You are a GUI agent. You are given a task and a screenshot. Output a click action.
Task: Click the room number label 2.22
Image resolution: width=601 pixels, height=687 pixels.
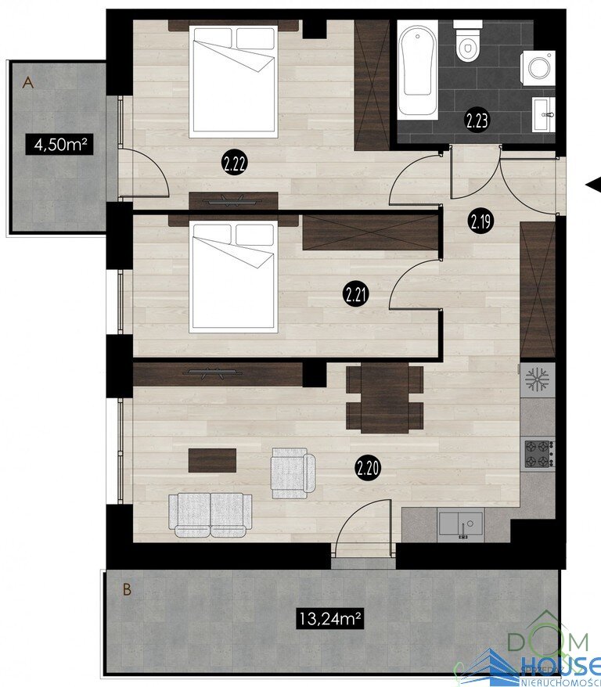click(x=234, y=164)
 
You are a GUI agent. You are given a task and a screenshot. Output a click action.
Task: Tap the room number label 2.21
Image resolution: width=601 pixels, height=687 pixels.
click(x=355, y=295)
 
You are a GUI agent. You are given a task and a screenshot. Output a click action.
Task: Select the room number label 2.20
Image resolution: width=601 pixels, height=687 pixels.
click(x=368, y=469)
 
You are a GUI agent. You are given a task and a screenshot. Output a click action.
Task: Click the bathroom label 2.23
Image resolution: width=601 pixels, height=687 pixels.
click(x=477, y=120)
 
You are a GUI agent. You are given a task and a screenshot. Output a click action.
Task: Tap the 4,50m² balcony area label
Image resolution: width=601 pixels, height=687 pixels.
click(x=59, y=144)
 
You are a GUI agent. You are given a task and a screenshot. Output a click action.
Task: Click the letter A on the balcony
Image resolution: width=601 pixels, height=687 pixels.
click(x=27, y=82)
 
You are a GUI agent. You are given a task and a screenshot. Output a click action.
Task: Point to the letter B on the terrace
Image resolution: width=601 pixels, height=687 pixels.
click(x=127, y=589)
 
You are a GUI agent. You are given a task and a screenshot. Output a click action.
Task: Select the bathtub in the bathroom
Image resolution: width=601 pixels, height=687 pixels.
click(x=418, y=69)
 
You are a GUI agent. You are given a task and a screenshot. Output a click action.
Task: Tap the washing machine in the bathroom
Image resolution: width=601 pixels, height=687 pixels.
click(x=538, y=67)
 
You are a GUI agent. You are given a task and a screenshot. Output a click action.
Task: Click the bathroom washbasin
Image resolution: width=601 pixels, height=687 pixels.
click(x=544, y=114)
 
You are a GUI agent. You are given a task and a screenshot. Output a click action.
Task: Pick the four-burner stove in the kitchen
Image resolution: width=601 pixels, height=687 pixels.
click(x=540, y=454)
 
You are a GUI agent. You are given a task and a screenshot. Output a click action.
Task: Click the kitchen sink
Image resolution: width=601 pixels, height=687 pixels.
click(x=461, y=523)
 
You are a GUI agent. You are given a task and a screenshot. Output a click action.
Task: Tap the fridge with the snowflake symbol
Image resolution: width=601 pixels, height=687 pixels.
click(x=538, y=379)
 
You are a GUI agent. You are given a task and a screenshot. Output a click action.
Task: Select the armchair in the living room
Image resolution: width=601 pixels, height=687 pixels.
click(x=293, y=473)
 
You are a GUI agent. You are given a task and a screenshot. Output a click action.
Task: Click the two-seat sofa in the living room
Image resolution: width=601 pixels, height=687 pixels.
click(x=211, y=515)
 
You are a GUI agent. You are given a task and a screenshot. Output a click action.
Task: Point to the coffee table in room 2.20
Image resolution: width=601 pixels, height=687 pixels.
click(x=212, y=460)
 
